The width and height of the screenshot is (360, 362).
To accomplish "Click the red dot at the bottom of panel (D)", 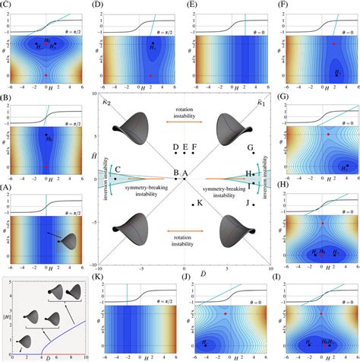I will point(151,76).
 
